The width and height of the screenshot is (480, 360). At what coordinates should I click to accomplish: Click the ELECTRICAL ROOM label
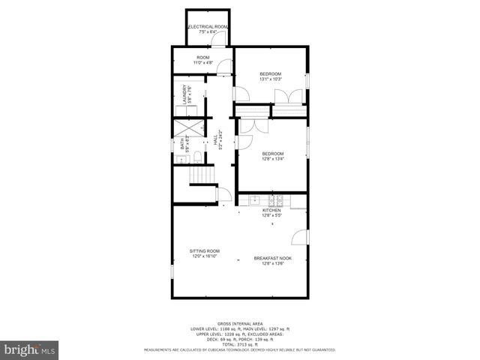(208, 27)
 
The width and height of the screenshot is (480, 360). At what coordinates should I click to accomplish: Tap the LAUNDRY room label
(183, 94)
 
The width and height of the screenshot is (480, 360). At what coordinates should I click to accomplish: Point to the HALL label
(215, 140)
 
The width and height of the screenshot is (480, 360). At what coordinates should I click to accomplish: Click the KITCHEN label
(271, 210)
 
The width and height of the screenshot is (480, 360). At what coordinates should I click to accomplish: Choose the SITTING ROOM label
(204, 250)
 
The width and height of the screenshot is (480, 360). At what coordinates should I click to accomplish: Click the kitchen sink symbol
(255, 200)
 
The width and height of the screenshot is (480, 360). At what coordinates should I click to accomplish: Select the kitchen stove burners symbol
(280, 200)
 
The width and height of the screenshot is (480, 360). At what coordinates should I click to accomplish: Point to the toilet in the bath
(195, 157)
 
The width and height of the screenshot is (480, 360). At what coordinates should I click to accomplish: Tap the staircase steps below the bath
(201, 175)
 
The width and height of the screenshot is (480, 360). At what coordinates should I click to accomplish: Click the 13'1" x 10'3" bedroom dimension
(271, 79)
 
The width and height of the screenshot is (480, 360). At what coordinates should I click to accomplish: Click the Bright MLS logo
(28, 349)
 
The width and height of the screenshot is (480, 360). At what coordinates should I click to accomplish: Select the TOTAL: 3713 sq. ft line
(239, 345)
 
